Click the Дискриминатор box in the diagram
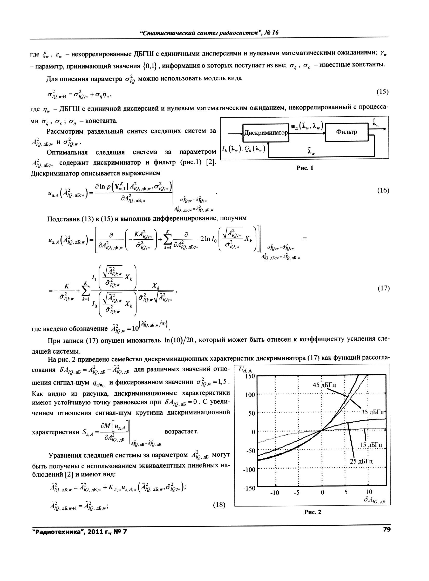click(x=266, y=133)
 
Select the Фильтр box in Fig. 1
click(x=346, y=132)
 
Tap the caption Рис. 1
click(x=305, y=168)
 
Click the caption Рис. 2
click(x=312, y=512)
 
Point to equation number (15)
click(x=382, y=92)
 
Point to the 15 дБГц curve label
click(x=371, y=445)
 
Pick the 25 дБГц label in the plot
click(x=361, y=461)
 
